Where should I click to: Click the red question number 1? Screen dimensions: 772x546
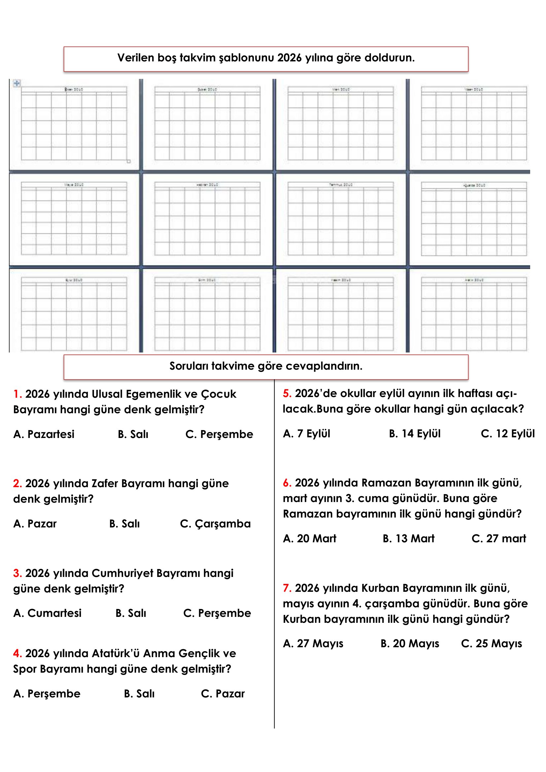tap(17, 394)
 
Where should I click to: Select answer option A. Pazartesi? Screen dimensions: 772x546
tap(44, 434)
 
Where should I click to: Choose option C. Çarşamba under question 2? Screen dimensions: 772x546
tap(215, 524)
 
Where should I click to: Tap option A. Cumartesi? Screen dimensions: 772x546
tap(48, 613)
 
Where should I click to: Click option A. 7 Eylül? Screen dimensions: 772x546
tap(306, 434)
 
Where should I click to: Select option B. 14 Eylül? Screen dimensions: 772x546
tap(415, 434)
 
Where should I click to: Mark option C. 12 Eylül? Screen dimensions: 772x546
tap(507, 434)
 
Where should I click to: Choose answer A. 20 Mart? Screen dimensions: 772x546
tap(309, 539)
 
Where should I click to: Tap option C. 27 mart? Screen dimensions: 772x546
tap(498, 539)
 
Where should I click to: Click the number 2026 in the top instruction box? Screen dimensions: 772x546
tap(290, 58)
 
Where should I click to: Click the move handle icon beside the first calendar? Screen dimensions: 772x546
tap(17, 83)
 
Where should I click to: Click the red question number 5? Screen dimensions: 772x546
tap(287, 393)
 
